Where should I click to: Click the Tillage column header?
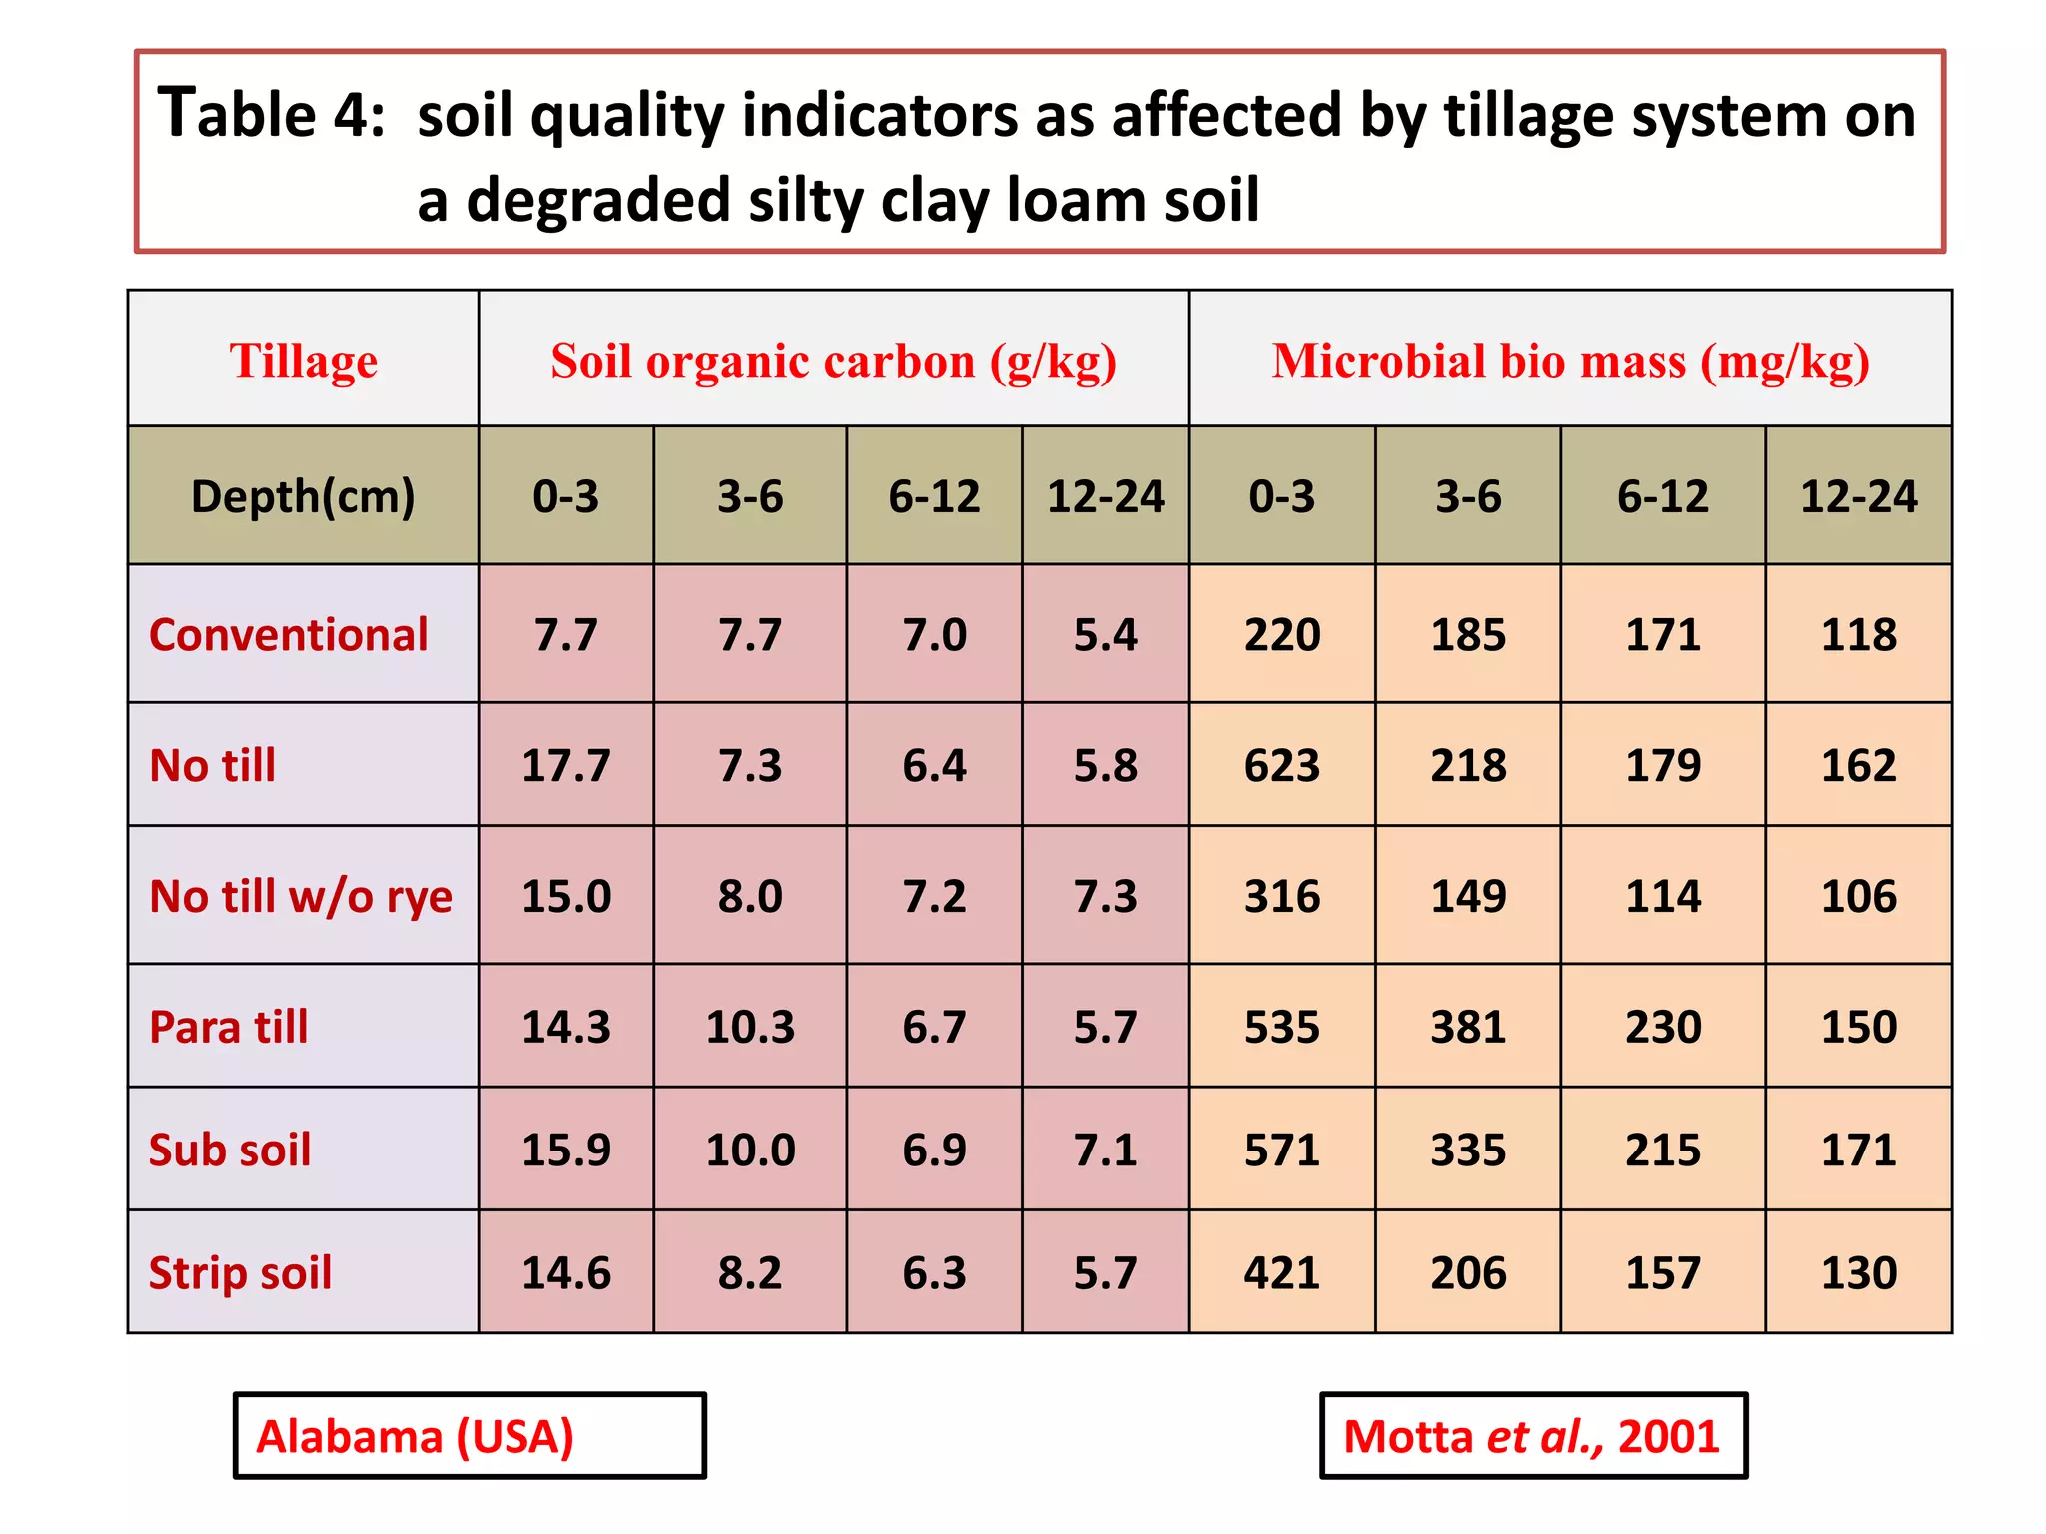[x=303, y=361]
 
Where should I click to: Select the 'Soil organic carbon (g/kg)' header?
[x=833, y=361]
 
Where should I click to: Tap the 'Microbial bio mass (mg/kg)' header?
[x=1569, y=361]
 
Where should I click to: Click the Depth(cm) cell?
[x=303, y=496]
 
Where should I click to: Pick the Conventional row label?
[x=288, y=635]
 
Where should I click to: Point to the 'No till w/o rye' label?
[x=300, y=896]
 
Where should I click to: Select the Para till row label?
[x=228, y=1027]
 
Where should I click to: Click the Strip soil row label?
[x=240, y=1273]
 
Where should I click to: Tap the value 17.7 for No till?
[x=565, y=766]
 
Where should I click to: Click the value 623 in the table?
[x=1281, y=766]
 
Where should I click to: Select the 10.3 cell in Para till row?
[x=749, y=1027]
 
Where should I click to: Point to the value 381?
[x=1467, y=1027]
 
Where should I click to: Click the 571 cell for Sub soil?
[x=1281, y=1150]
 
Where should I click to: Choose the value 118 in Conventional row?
[x=1858, y=635]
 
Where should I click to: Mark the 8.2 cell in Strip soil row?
[x=749, y=1273]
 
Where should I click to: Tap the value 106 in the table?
[x=1858, y=896]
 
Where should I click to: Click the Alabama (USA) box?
[x=469, y=1436]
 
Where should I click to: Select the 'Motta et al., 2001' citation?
[x=1532, y=1436]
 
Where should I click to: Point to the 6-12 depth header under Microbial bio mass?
[x=1662, y=496]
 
